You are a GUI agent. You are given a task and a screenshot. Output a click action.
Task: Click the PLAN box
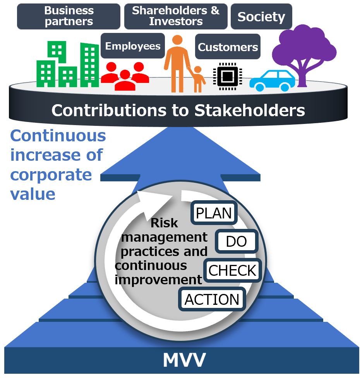point(214,213)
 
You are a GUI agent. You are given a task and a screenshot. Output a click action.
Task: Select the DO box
point(237,242)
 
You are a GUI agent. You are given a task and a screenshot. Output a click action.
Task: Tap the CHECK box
point(232,270)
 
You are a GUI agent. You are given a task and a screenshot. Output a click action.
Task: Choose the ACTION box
point(212,299)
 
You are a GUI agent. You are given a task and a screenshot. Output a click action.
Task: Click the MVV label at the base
point(184,360)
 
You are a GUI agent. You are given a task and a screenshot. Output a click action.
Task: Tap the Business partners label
point(69,16)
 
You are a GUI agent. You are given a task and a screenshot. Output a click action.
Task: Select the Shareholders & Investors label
point(176,16)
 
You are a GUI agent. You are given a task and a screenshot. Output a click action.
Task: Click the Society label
point(261,17)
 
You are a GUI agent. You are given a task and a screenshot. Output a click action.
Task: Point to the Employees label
point(133,46)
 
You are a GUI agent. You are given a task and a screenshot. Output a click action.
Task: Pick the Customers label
point(228,47)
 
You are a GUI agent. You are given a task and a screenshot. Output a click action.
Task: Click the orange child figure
point(198,79)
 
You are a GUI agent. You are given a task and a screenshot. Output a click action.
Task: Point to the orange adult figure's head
point(177,40)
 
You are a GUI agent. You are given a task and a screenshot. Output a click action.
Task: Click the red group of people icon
point(125,76)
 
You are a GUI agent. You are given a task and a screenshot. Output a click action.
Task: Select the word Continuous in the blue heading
point(58,136)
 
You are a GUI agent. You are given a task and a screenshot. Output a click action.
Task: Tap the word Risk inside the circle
point(164,223)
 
